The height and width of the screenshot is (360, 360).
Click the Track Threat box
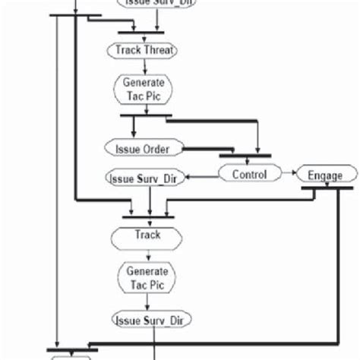144,51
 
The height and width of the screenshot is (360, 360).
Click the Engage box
324,175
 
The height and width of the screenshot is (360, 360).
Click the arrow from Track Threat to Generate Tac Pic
144,66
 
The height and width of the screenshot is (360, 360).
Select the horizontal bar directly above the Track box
148,216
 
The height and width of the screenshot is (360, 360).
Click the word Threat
159,51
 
